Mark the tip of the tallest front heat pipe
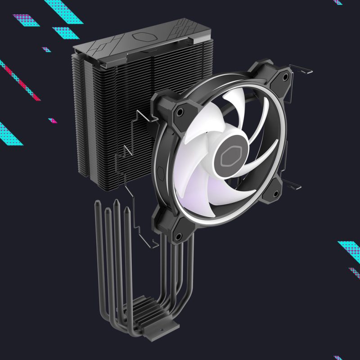pyautogui.click(x=117, y=202)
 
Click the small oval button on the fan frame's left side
pyautogui.click(x=160, y=172)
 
